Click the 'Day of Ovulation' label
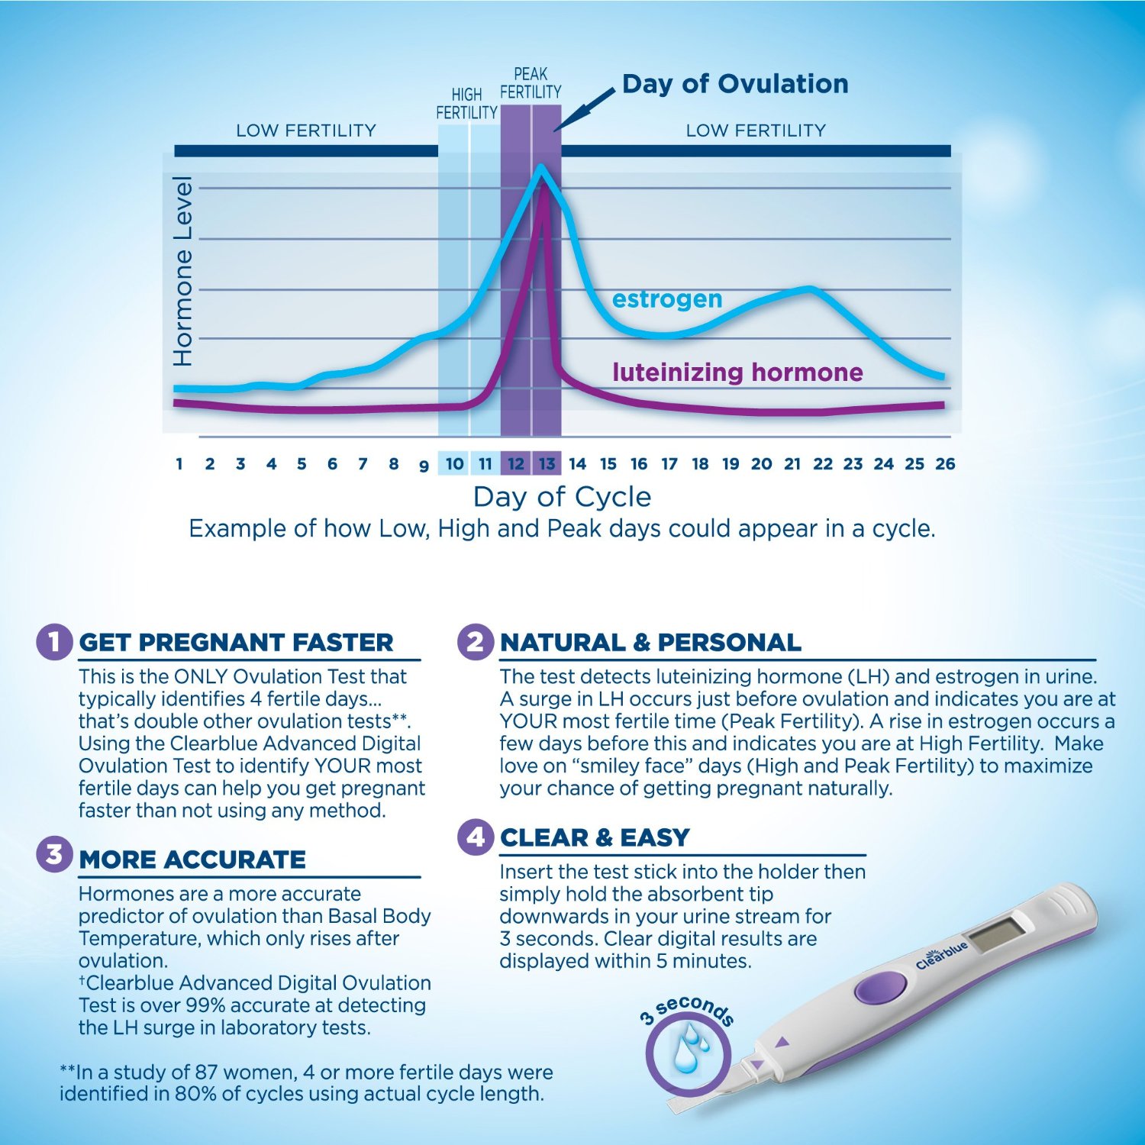tap(735, 84)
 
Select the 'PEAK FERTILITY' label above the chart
tap(531, 83)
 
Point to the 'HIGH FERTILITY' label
tap(466, 104)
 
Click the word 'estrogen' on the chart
tap(667, 299)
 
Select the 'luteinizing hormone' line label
tap(737, 372)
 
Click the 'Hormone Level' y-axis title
tap(182, 271)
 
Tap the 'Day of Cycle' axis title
tap(562, 496)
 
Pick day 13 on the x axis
tap(547, 463)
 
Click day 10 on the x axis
tap(454, 463)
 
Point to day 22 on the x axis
tap(823, 463)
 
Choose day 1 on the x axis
tap(179, 463)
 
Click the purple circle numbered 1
tap(54, 641)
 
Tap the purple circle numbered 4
tap(476, 837)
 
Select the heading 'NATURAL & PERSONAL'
tap(650, 643)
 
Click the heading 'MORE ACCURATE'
tap(192, 860)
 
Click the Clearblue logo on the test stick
tap(942, 955)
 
